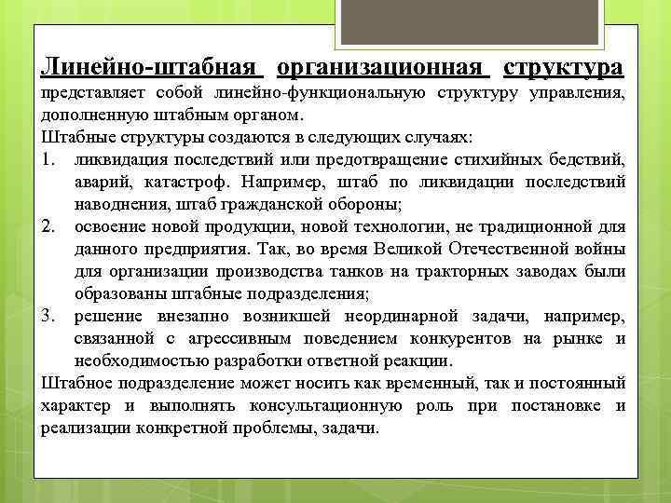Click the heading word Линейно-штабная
(149, 69)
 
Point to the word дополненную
(87, 116)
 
